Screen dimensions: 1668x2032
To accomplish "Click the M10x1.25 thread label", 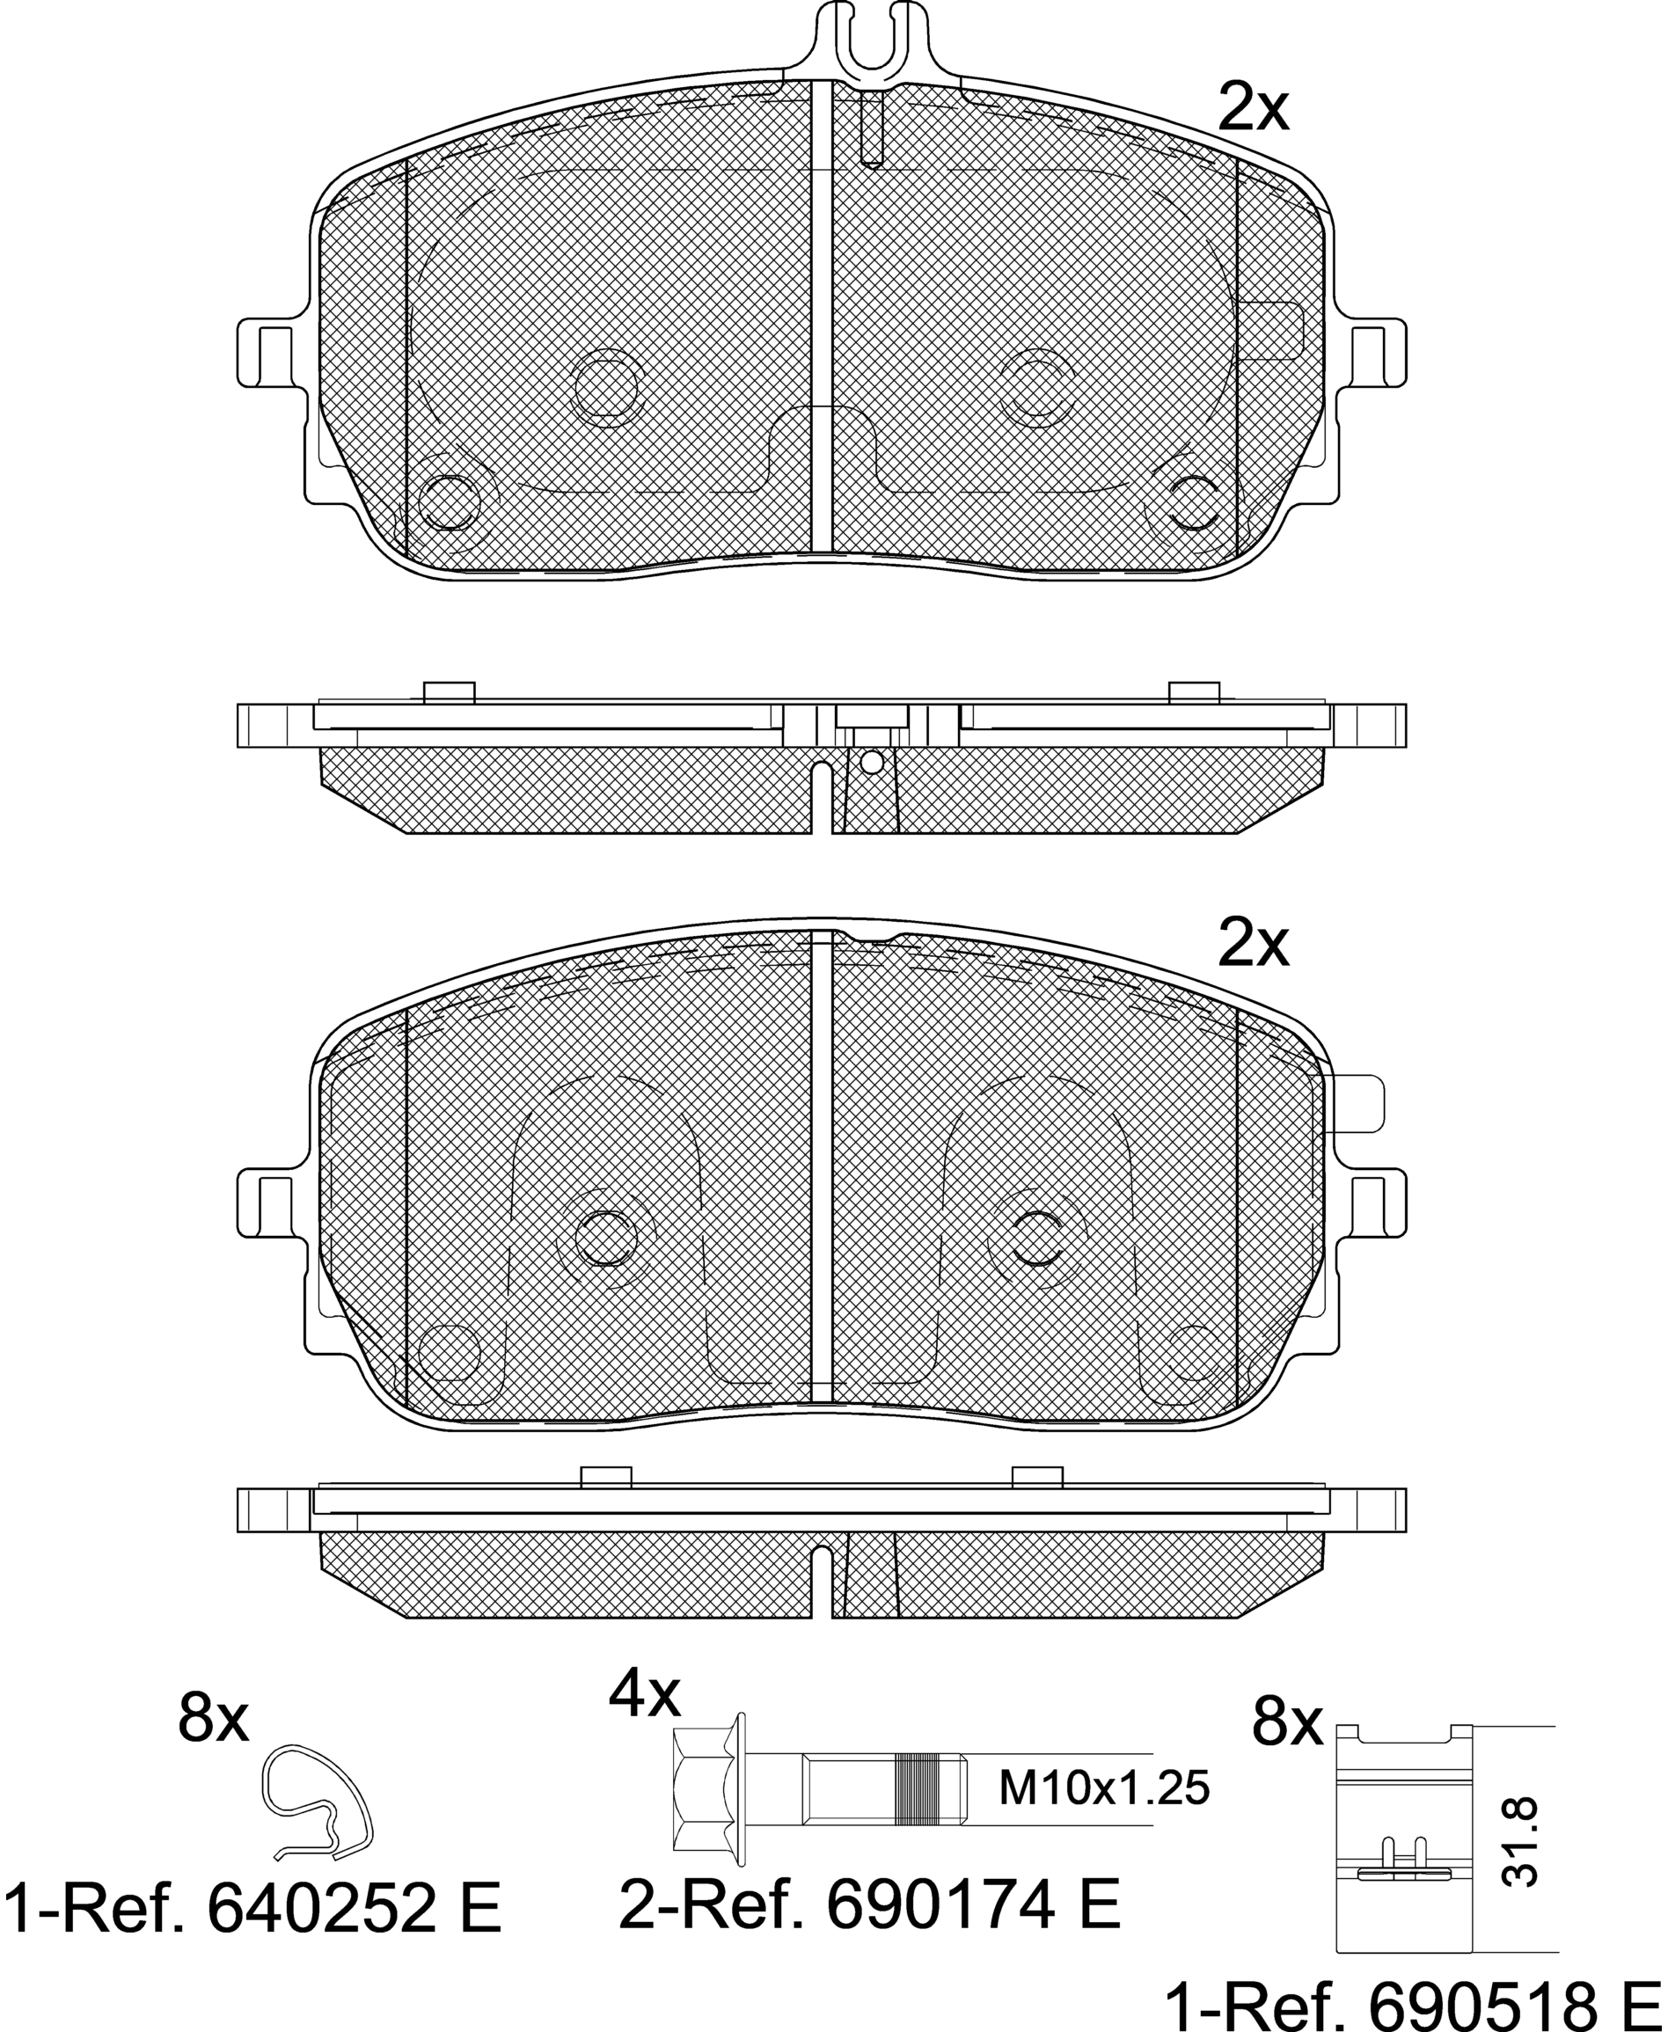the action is coord(1104,1790).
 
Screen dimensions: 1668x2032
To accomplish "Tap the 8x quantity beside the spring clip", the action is coord(213,1721).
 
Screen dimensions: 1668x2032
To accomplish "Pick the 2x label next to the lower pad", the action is coord(1253,946).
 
